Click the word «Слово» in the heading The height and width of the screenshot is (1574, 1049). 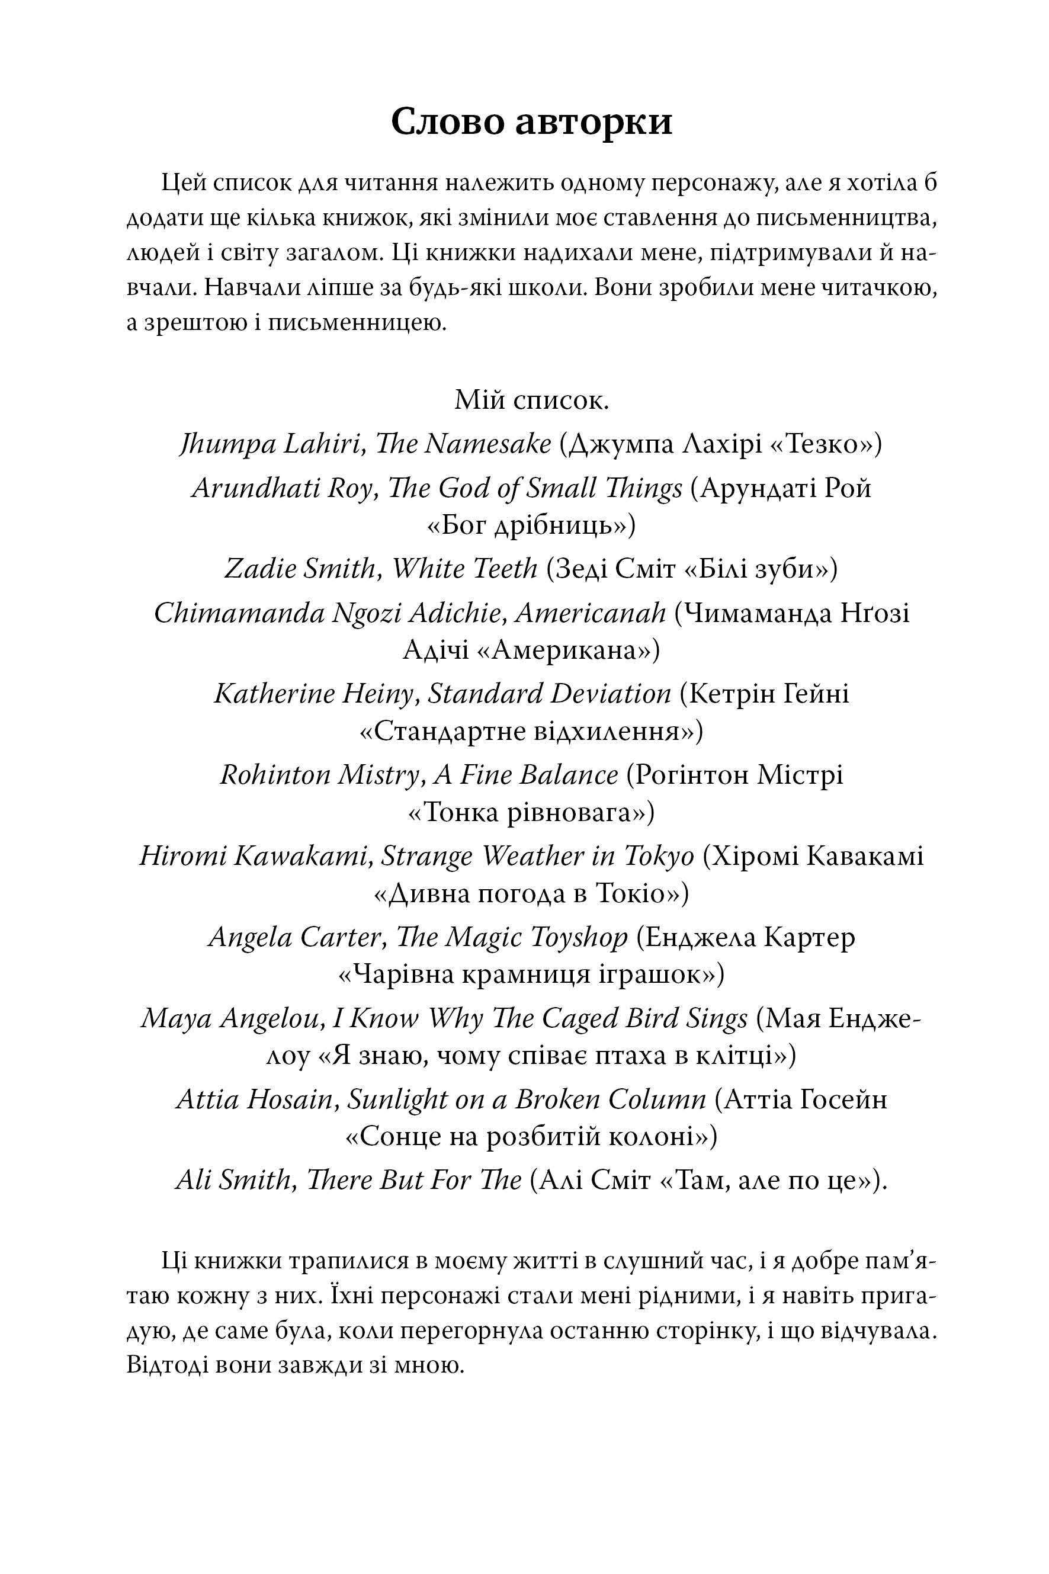444,123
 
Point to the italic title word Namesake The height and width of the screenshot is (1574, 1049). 487,444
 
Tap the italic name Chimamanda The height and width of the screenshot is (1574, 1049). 238,613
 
